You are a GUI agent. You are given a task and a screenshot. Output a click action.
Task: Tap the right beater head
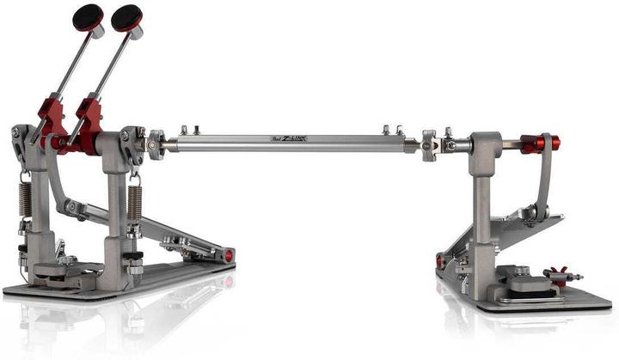pos(127,16)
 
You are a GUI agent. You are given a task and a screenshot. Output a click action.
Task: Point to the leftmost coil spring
pos(25,198)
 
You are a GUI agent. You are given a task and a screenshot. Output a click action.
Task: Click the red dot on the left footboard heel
pos(229,255)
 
